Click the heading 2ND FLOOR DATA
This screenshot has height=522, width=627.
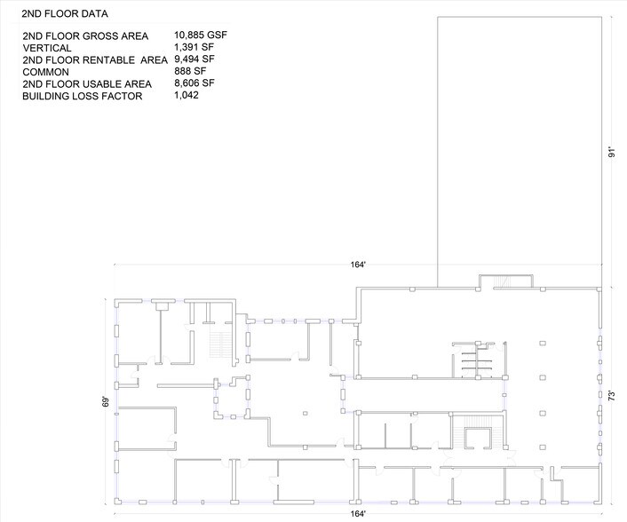pyautogui.click(x=66, y=15)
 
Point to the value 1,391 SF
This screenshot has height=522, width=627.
pyautogui.click(x=195, y=47)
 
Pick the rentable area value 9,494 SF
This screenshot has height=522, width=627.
pyautogui.click(x=195, y=59)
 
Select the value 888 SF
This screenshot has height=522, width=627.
pyautogui.click(x=191, y=71)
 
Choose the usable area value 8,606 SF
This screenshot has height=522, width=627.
pyautogui.click(x=195, y=83)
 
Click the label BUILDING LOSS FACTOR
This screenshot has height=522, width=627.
pyautogui.click(x=83, y=96)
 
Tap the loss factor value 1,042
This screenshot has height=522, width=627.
pyautogui.click(x=187, y=95)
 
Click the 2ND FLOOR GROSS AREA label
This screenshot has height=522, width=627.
pyautogui.click(x=85, y=36)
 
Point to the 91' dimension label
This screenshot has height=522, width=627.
pyautogui.click(x=611, y=152)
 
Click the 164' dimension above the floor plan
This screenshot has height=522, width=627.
pyautogui.click(x=358, y=265)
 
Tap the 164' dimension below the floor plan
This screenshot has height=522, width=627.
pyautogui.click(x=358, y=514)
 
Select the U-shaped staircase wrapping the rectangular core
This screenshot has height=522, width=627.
pyautogui.click(x=478, y=436)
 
